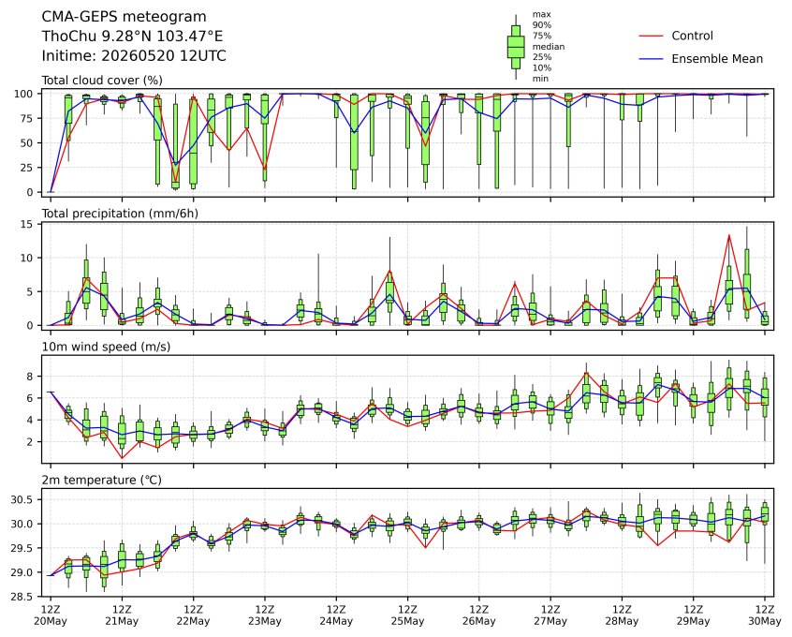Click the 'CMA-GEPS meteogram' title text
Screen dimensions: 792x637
[124, 17]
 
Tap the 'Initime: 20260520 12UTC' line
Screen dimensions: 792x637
[134, 55]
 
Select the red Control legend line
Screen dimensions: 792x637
[651, 36]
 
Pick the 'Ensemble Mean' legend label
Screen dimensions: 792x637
[717, 59]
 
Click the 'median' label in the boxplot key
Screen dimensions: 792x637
[548, 47]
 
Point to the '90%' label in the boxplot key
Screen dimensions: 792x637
[541, 24]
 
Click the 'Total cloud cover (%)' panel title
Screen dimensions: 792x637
[102, 81]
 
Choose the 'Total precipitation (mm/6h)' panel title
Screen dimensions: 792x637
[120, 214]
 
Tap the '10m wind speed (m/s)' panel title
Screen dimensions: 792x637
[106, 347]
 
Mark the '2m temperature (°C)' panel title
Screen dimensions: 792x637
[101, 480]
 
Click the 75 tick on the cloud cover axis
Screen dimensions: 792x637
[26, 118]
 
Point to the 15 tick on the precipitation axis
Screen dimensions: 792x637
[26, 224]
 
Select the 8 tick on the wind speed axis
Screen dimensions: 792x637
[30, 377]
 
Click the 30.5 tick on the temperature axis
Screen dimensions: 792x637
[22, 499]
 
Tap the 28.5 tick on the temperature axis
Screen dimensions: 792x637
[22, 597]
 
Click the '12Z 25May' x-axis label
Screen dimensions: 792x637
[407, 615]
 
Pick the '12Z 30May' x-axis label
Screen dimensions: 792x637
[765, 615]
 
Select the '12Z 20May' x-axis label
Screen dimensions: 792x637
[51, 615]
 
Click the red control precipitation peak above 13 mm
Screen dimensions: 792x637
[729, 235]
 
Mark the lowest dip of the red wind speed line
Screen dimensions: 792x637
[122, 458]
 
